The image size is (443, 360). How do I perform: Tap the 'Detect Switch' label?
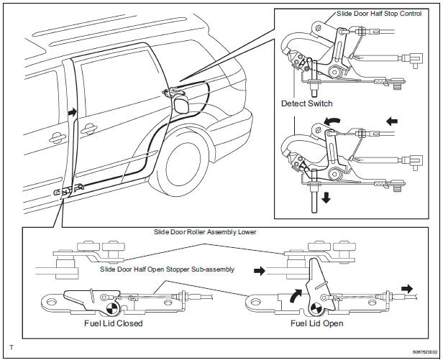pos(307,103)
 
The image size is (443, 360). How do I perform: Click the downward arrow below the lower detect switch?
pos(327,196)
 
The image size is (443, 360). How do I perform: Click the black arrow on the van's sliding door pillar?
pos(71,113)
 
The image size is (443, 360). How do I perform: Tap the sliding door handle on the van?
pos(90,130)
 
